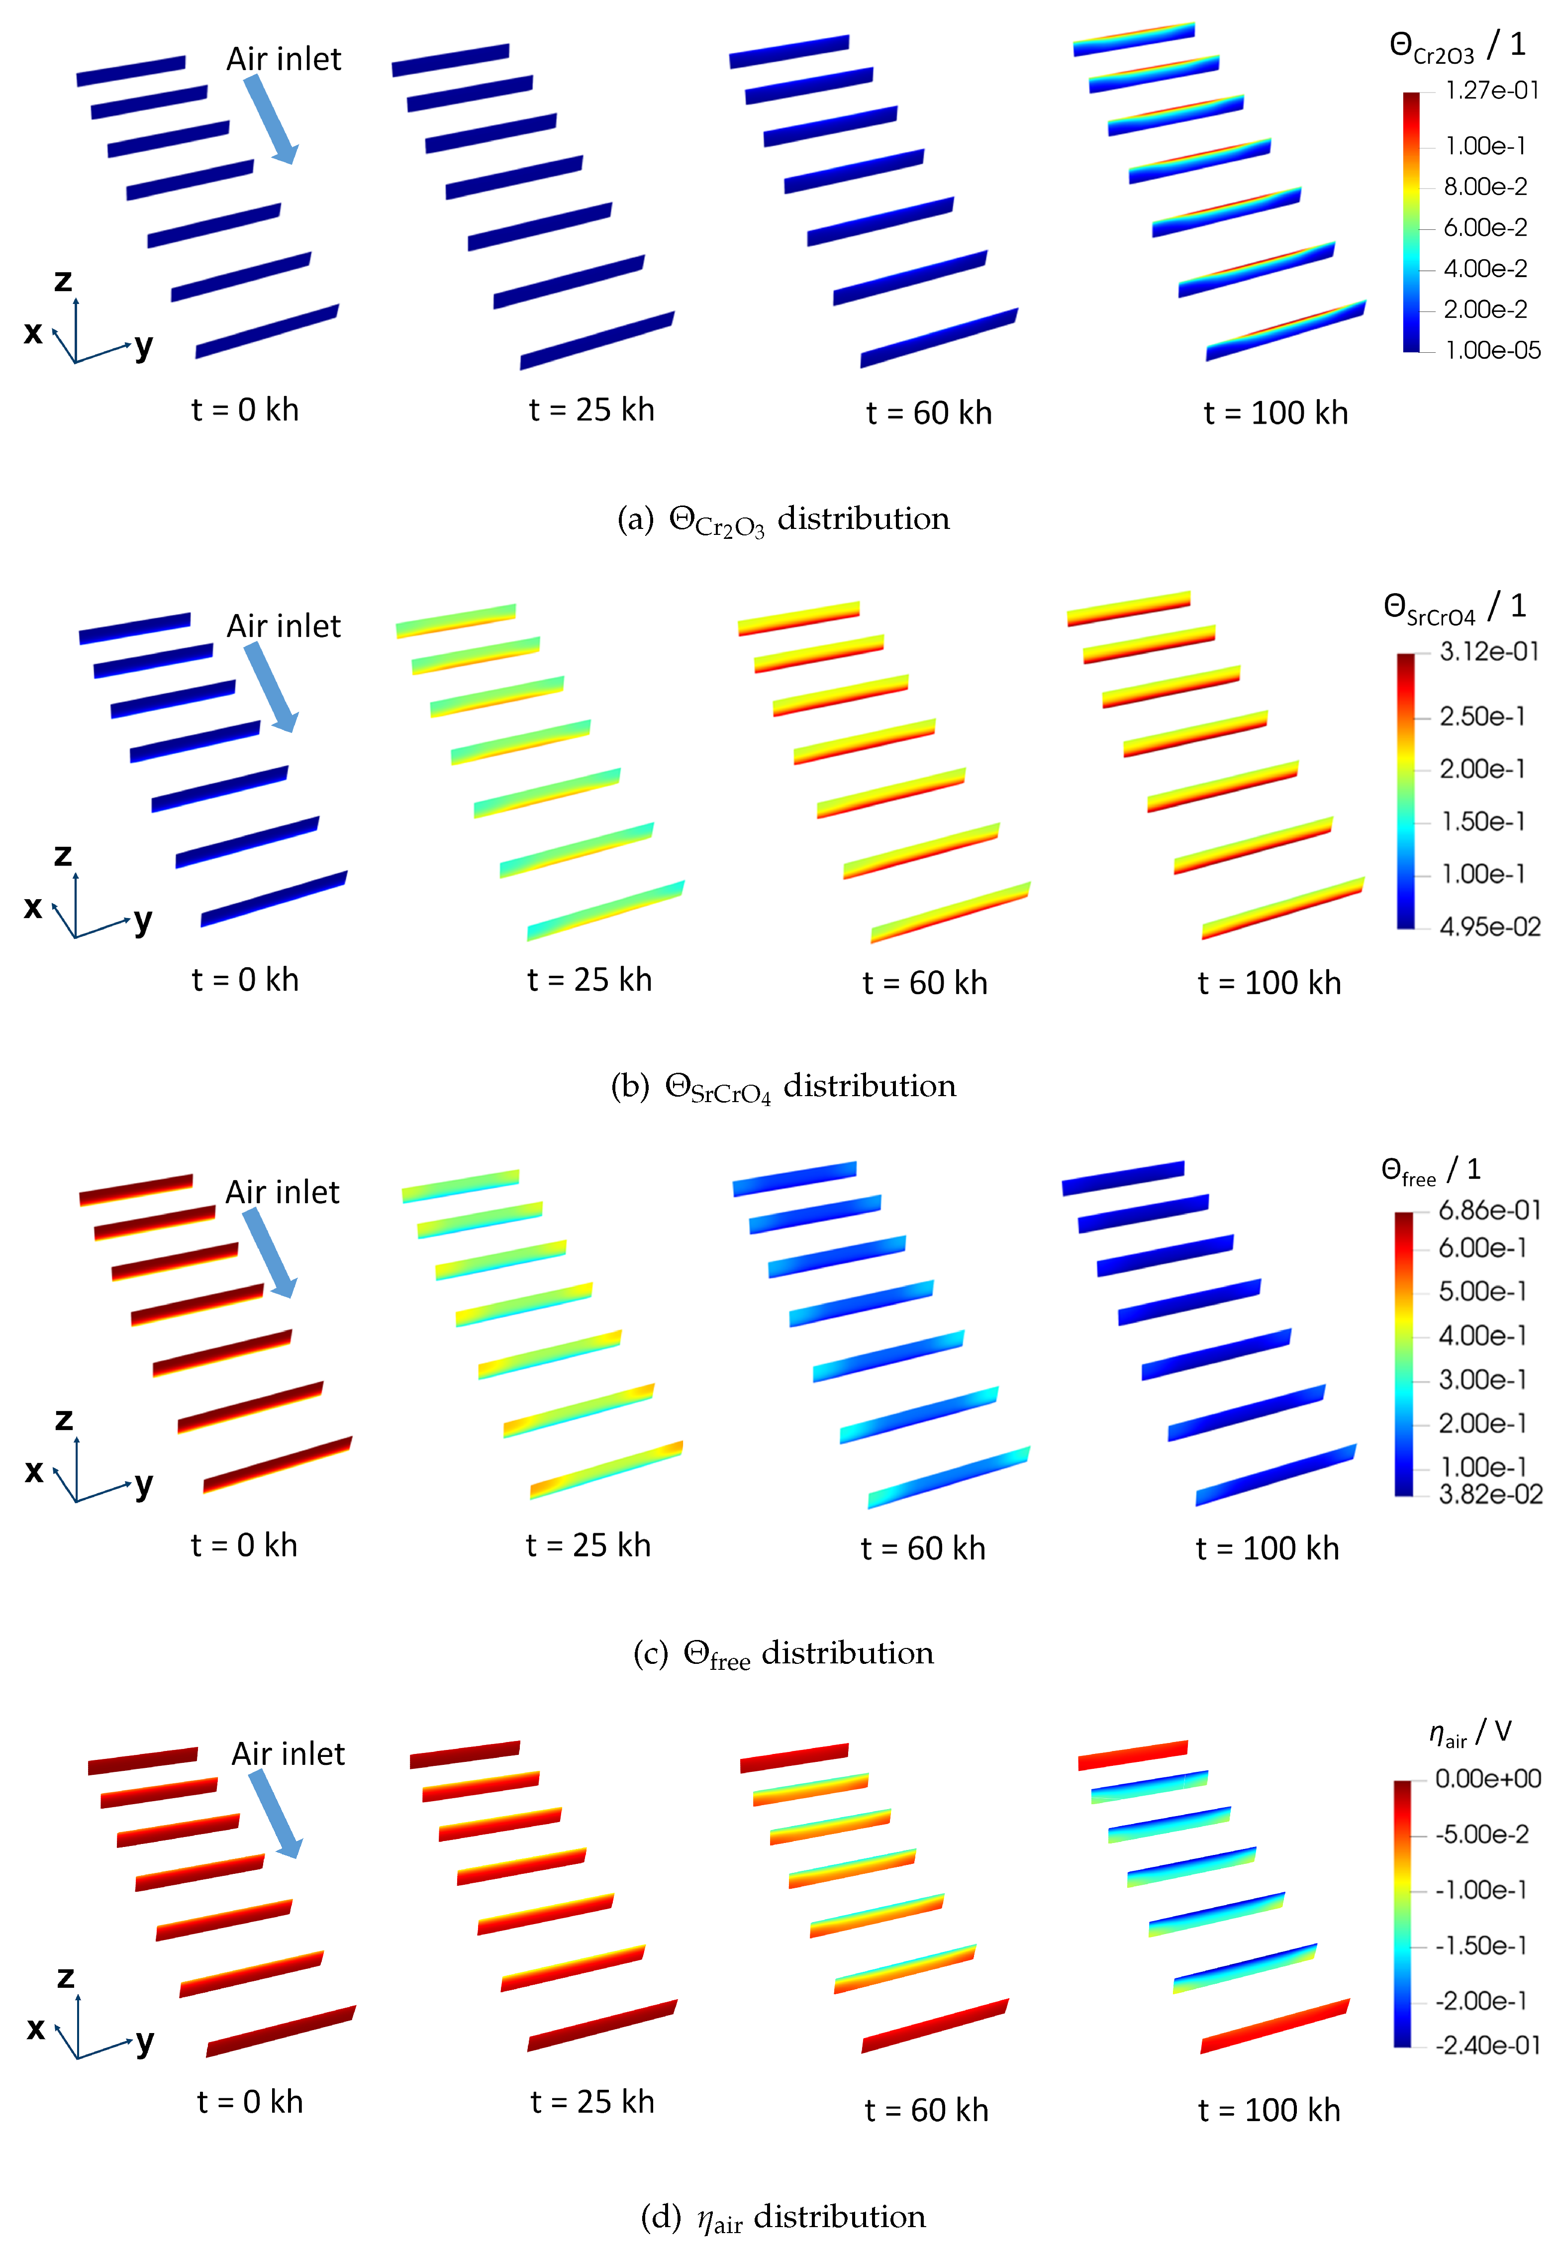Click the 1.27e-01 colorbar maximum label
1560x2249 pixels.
(1491, 91)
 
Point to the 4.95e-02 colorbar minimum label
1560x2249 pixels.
(1490, 926)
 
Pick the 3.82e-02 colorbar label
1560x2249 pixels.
(1490, 1495)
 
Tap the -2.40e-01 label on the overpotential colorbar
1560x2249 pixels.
(1487, 2045)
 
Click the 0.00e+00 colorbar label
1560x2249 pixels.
(1487, 1778)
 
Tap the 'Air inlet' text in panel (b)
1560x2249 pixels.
(284, 625)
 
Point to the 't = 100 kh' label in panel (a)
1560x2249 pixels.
(1275, 413)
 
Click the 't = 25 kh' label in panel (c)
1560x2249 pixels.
(587, 1545)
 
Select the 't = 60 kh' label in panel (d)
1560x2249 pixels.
(926, 2110)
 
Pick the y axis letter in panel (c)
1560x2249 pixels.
(144, 1484)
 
